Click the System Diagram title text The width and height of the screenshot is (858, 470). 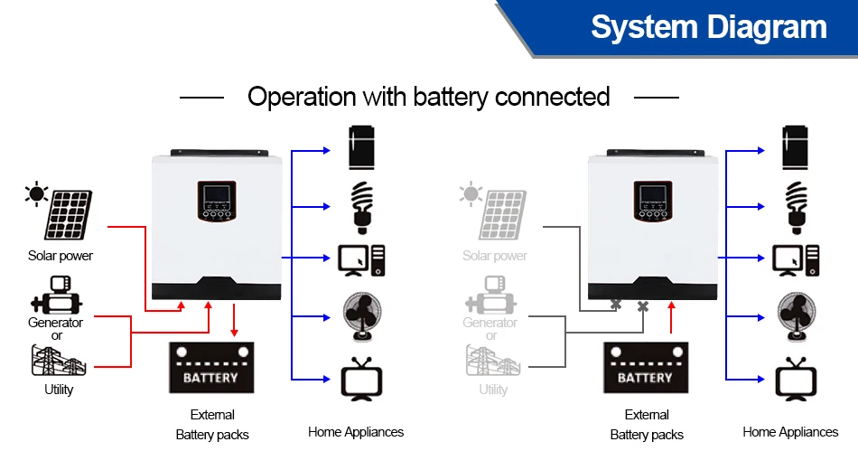click(709, 27)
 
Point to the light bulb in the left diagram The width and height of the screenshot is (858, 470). click(361, 205)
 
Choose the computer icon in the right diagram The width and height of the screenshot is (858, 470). click(795, 260)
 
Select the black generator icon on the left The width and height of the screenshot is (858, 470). click(56, 296)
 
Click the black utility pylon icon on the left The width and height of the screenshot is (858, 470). click(59, 360)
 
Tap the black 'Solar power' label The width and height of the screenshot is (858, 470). click(61, 256)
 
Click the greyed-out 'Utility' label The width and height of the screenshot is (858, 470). click(493, 390)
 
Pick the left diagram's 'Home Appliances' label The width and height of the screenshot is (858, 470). click(356, 432)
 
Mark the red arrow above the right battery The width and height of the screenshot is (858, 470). click(671, 319)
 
